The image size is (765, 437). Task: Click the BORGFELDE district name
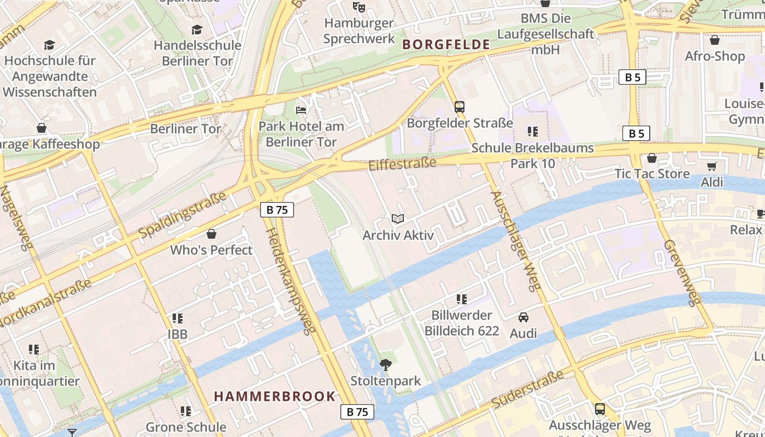446,45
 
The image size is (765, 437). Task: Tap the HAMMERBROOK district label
274,396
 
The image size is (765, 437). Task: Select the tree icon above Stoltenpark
386,364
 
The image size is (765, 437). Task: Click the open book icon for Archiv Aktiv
398,219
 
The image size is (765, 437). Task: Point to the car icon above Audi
523,317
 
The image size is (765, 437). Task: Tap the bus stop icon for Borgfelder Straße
460,107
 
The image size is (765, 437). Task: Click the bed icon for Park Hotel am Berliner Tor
301,110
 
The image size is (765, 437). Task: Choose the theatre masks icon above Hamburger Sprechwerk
358,7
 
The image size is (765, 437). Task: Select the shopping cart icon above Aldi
711,167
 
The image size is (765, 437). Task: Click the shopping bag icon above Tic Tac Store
651,158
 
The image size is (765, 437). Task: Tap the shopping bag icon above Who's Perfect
211,234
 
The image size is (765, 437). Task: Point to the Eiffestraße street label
403,164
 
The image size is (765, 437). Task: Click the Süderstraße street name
527,389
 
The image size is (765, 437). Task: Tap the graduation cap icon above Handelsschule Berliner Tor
197,29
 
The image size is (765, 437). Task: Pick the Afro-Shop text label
715,56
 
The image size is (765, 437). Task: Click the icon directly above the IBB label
177,318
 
